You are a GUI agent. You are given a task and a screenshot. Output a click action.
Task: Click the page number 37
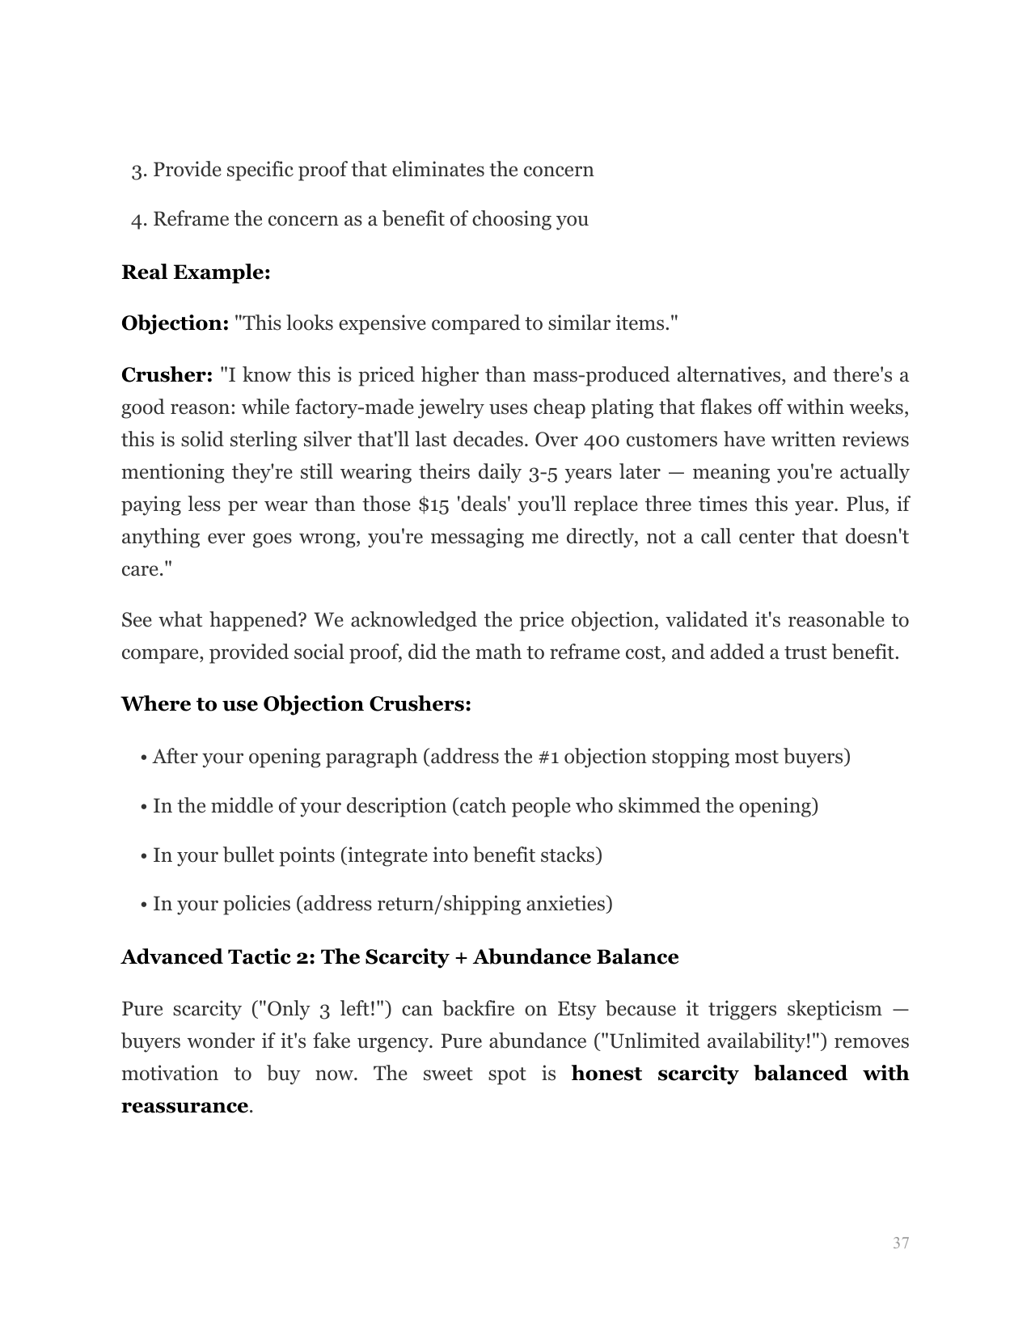pyautogui.click(x=901, y=1243)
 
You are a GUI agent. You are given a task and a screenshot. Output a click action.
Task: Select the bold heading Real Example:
pyautogui.click(x=196, y=272)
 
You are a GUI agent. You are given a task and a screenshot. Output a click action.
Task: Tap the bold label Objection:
pyautogui.click(x=175, y=323)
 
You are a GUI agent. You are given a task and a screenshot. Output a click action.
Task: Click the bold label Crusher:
pyautogui.click(x=167, y=375)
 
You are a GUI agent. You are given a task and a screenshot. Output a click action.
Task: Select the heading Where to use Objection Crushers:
pyautogui.click(x=296, y=704)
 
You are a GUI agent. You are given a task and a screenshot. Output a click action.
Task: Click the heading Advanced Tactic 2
pyautogui.click(x=399, y=957)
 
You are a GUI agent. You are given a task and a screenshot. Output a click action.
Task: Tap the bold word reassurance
pyautogui.click(x=184, y=1106)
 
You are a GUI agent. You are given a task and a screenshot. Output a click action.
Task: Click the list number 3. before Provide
pyautogui.click(x=138, y=171)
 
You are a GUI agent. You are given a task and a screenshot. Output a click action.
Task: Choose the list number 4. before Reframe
pyautogui.click(x=138, y=220)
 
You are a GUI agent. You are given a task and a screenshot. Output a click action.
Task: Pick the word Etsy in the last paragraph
pyautogui.click(x=577, y=1009)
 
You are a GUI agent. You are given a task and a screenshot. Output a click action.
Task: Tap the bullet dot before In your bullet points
pyautogui.click(x=143, y=856)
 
